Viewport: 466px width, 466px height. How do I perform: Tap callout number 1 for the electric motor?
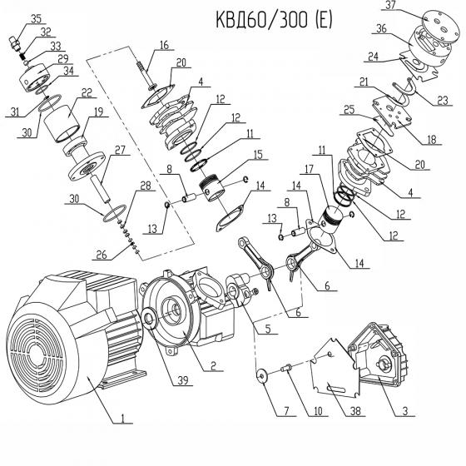click(122, 419)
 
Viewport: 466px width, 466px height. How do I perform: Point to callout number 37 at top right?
click(389, 7)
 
